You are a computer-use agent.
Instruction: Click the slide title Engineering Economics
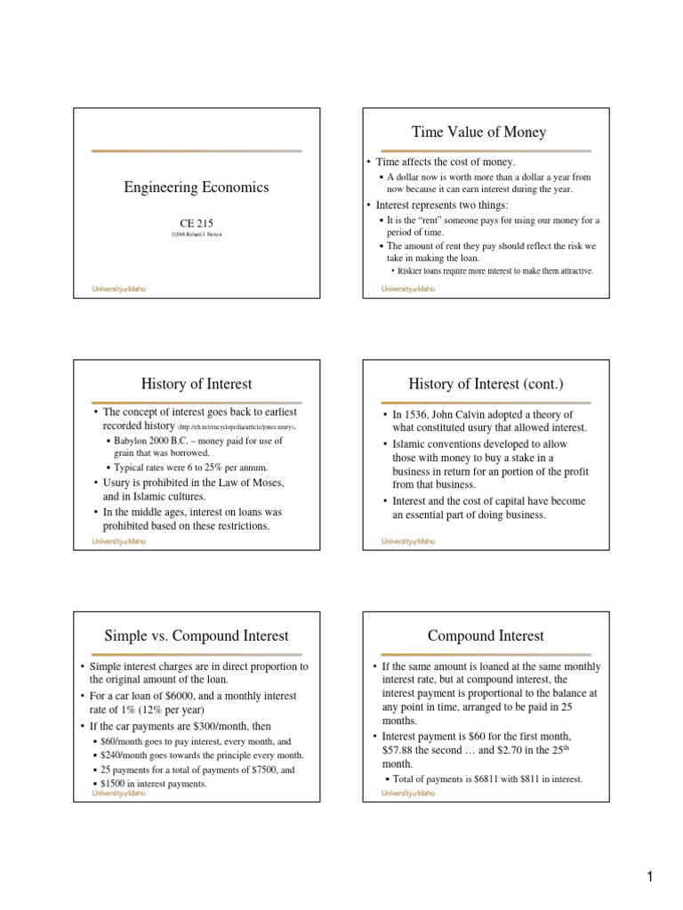tap(197, 188)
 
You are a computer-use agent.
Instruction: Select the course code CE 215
tap(197, 224)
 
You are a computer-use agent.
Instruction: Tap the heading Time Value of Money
tap(478, 132)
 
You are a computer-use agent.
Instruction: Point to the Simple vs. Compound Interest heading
tap(197, 635)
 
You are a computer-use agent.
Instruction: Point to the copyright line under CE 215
tap(197, 235)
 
